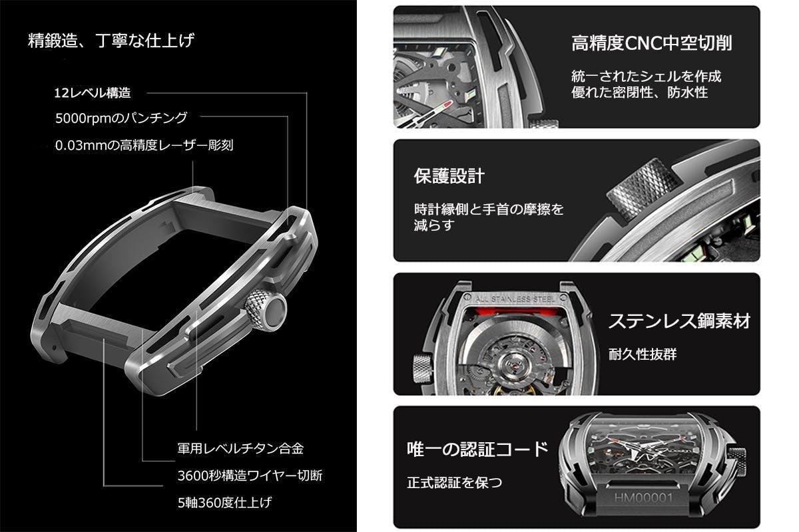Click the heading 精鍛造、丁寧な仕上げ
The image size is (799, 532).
[x=111, y=41]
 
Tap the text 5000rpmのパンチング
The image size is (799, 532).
[x=121, y=118]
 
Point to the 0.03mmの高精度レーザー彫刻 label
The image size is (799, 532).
[x=144, y=144]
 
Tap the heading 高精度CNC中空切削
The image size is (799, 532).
[x=652, y=44]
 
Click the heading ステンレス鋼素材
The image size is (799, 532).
[x=679, y=321]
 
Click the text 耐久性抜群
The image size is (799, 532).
[x=642, y=354]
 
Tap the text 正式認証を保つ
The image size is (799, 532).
[x=454, y=482]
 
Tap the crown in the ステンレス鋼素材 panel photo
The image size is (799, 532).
[x=421, y=366]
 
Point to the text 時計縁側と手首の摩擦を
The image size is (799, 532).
[x=489, y=209]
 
